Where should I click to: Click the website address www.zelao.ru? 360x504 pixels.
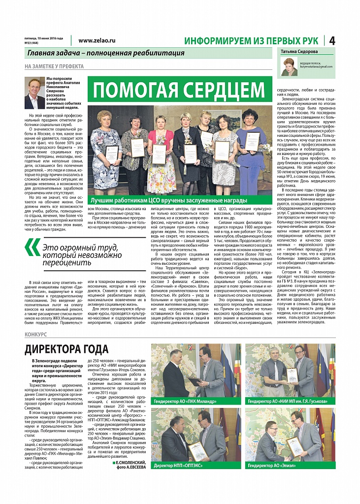tap(97, 41)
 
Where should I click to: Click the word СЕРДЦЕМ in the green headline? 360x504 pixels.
tap(225, 90)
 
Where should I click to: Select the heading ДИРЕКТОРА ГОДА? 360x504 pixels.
tap(66, 349)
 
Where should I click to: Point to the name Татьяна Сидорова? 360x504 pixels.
tap(299, 51)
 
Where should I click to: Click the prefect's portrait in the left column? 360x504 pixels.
tap(34, 93)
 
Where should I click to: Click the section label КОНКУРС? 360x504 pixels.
tap(35, 334)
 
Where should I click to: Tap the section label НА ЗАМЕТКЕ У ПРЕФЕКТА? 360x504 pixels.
tap(54, 66)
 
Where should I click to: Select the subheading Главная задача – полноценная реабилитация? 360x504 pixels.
tap(106, 53)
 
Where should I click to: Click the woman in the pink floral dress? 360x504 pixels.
tap(161, 153)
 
